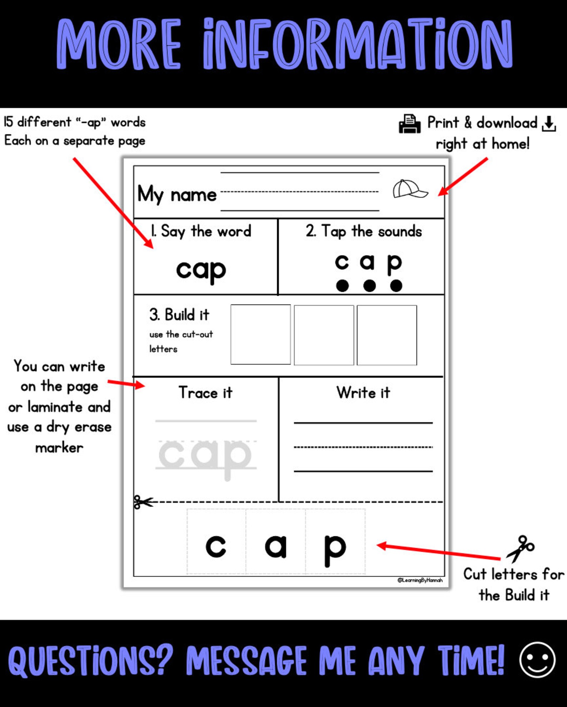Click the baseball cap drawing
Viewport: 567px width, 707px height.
pos(410,189)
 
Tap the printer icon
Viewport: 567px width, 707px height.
pos(410,124)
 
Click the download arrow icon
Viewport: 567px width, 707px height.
pos(548,124)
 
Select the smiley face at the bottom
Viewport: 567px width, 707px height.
pos(537,660)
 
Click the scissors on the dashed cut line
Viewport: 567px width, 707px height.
pos(142,502)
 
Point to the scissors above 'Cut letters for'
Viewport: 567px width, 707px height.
pos(520,548)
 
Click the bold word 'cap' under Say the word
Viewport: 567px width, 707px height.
pos(201,270)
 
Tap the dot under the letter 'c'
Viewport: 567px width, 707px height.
pos(342,286)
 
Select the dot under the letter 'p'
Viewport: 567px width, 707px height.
pos(396,286)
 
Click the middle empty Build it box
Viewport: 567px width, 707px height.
pos(324,335)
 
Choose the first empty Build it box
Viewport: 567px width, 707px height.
pos(261,335)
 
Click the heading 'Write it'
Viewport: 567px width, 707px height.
pos(363,393)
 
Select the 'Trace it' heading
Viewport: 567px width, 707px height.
pos(206,393)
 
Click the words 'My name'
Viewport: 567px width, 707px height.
pos(177,195)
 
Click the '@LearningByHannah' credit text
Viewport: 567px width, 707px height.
pos(420,580)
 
